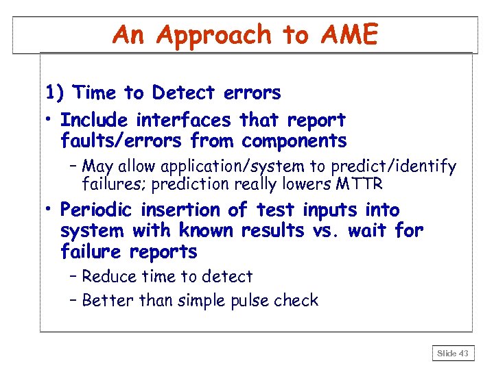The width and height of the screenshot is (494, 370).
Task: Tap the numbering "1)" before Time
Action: (x=56, y=92)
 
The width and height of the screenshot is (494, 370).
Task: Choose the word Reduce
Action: (x=108, y=277)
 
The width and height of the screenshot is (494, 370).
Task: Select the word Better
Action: (x=106, y=300)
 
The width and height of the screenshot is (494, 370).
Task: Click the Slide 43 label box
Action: (x=453, y=354)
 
